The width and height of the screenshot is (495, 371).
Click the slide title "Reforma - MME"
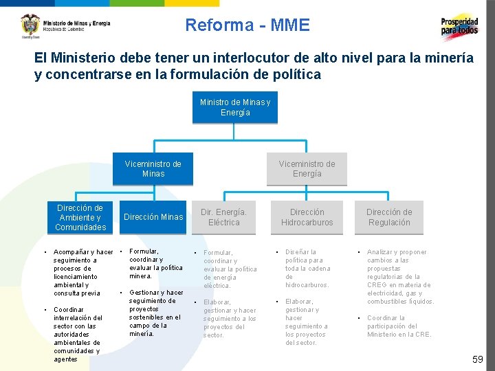point(247,26)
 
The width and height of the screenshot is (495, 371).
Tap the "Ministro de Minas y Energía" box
point(235,107)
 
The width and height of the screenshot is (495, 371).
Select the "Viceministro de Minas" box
point(153,168)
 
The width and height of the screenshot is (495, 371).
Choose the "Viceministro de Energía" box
point(307,168)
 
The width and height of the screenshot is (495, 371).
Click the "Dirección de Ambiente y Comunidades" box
point(80,217)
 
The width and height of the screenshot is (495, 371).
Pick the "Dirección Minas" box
point(153,217)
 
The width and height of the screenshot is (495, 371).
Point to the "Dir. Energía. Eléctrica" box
point(223,217)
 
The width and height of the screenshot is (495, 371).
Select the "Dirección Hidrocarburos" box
point(307,217)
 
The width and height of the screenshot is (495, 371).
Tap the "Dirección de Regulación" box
point(388,217)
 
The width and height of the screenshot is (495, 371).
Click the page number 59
point(478,359)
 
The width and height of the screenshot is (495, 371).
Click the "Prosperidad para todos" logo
point(459,27)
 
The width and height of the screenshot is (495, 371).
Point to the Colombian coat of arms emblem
point(30,25)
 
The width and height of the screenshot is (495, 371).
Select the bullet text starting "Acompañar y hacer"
point(82,273)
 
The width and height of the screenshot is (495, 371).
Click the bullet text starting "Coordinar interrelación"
point(78,334)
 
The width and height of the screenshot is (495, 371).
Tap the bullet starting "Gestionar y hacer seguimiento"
point(155,313)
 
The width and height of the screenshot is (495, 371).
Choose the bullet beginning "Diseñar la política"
point(307,269)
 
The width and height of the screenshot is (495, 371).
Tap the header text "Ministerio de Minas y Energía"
point(76,23)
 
